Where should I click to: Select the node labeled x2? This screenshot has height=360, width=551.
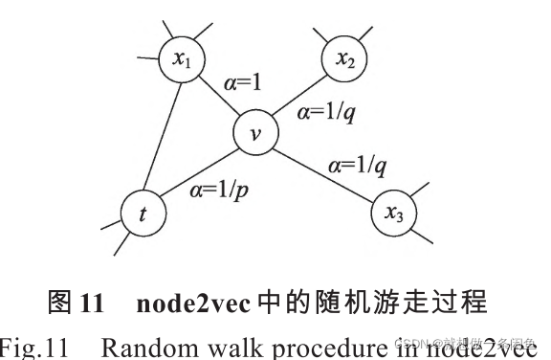(345, 60)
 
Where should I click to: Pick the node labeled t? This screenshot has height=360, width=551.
(143, 214)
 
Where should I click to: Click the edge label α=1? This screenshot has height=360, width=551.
(241, 85)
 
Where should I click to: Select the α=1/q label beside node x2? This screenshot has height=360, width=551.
(328, 113)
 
